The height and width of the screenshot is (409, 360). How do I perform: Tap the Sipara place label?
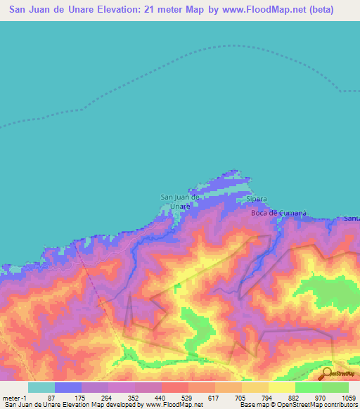(257, 199)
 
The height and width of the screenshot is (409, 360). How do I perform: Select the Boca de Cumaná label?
(279, 213)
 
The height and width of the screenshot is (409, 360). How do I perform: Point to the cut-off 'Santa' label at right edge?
(352, 219)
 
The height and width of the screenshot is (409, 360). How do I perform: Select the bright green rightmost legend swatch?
(335, 387)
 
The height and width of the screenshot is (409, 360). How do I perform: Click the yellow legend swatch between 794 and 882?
(281, 387)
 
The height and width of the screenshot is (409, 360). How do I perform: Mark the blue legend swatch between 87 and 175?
(67, 387)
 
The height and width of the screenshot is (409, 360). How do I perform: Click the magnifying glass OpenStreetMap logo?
(326, 373)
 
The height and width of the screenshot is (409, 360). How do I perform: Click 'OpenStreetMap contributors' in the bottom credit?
(319, 405)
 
